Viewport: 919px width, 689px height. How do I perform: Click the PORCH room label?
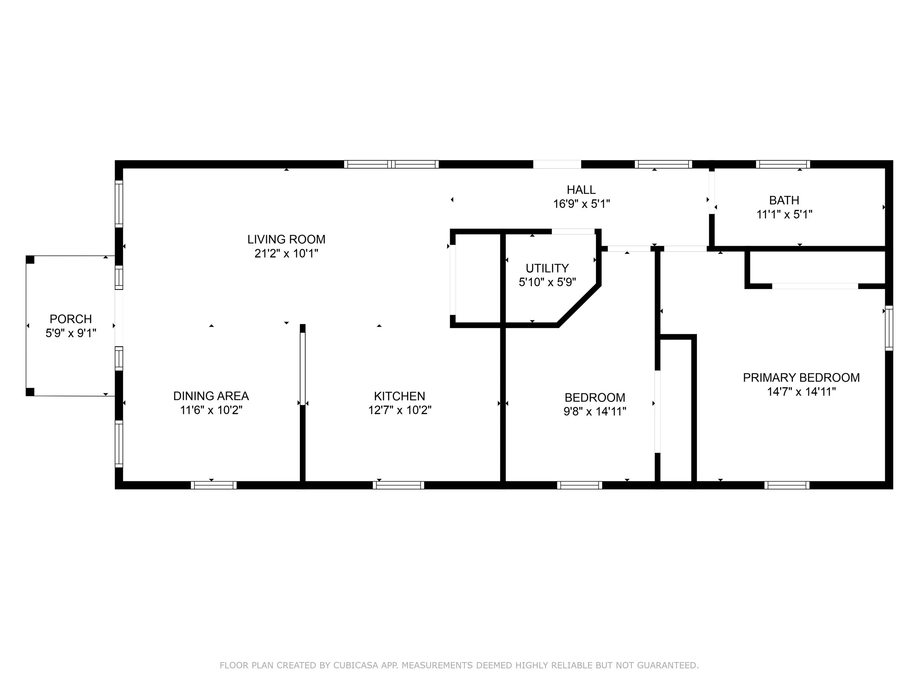71,319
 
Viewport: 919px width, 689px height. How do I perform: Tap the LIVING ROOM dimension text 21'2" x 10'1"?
286,253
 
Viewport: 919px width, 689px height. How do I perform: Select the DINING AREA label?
211,396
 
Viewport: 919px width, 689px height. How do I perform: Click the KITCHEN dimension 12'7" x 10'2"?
400,410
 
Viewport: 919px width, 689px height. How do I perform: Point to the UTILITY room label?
547,268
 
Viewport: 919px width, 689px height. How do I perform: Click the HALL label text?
581,190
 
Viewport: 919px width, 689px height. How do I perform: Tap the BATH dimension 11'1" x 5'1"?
784,215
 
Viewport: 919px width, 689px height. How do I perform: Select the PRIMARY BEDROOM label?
801,377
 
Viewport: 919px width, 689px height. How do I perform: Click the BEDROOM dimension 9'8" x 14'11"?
595,412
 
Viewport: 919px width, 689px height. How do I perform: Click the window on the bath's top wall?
783,164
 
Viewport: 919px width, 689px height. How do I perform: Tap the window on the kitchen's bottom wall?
398,485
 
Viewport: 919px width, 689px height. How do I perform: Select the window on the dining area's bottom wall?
214,485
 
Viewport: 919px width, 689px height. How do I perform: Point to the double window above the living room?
391,164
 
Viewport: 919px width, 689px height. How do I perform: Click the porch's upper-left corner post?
30,259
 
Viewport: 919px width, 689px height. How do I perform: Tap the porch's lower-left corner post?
30,392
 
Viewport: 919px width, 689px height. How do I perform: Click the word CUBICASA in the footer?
355,665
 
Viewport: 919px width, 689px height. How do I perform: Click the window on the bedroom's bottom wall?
580,485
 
